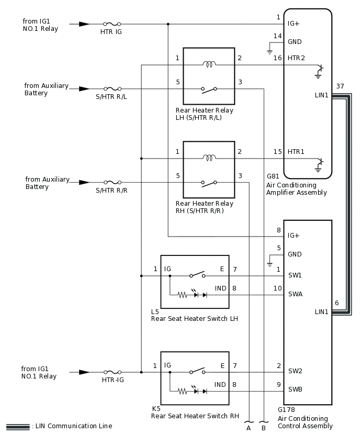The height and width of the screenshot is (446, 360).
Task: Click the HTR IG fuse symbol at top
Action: point(112,24)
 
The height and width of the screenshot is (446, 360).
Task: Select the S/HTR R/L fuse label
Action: point(111,97)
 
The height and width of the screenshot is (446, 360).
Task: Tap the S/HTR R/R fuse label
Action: point(111,191)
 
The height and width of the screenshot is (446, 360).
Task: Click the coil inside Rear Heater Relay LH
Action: point(209,65)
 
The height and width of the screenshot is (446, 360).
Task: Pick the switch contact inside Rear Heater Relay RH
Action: point(209,183)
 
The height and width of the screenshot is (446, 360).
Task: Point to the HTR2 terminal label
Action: point(296,58)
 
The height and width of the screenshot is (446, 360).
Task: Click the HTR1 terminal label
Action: point(296,151)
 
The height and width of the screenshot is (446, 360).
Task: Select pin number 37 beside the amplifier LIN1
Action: point(340,86)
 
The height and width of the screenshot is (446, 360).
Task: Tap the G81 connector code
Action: point(273,177)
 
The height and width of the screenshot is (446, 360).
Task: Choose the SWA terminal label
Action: point(295,294)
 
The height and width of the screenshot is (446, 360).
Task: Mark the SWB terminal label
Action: point(295,389)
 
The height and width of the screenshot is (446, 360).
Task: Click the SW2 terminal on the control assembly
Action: point(295,371)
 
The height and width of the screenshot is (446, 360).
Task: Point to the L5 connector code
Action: point(155,311)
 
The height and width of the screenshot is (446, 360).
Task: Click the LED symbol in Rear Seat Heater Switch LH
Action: point(198,295)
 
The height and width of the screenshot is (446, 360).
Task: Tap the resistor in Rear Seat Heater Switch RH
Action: point(183,391)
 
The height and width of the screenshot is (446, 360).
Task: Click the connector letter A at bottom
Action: point(249,427)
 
